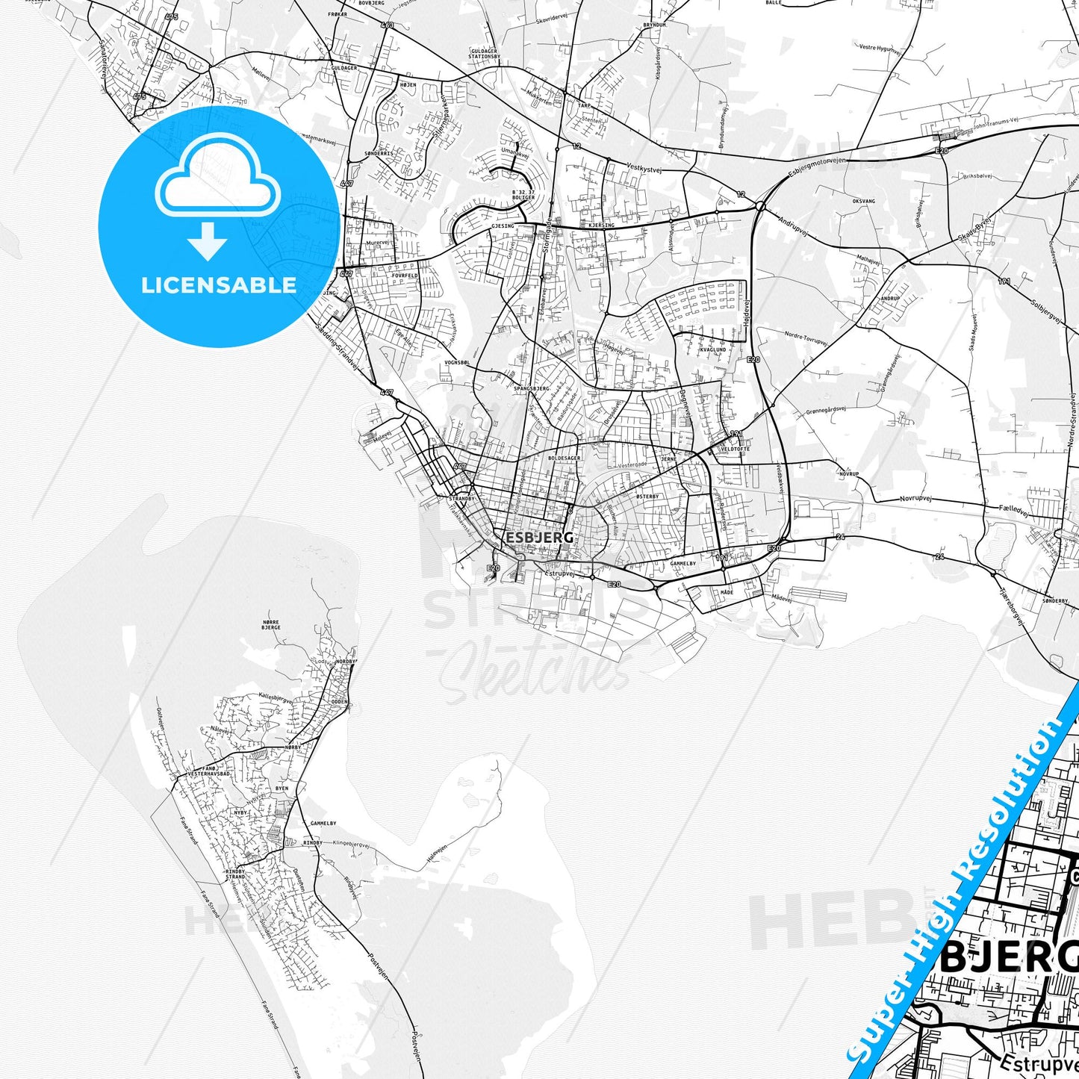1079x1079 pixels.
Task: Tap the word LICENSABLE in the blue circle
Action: [219, 285]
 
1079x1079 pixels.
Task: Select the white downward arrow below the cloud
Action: [207, 241]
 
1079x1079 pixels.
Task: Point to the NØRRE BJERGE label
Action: [271, 625]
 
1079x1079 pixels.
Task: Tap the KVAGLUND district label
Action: [712, 349]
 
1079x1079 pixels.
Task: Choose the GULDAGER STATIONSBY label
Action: [484, 53]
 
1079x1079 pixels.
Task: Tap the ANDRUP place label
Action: [890, 298]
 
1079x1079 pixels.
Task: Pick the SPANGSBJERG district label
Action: [532, 389]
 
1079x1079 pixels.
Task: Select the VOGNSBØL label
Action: [457, 362]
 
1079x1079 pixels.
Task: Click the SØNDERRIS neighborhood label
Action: [379, 153]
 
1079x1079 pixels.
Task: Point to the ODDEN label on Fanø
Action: [339, 701]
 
